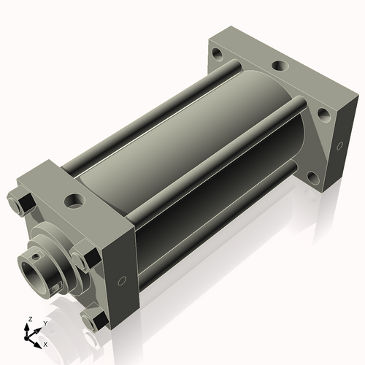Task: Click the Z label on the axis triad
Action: coord(31,319)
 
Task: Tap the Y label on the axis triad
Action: coord(45,323)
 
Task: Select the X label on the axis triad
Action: coord(45,345)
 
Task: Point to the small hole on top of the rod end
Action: coord(36,256)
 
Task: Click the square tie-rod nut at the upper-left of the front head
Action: coord(26,203)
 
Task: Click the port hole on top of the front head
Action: coord(74,201)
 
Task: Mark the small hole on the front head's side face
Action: coord(122,281)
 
